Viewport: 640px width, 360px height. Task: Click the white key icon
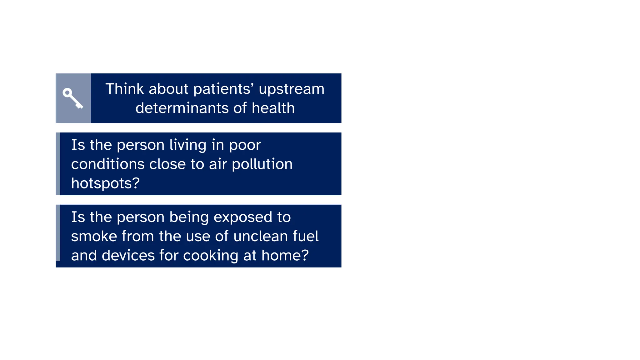73,98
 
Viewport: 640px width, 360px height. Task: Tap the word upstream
291,89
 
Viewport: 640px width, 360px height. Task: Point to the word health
273,108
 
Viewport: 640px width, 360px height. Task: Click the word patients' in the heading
224,89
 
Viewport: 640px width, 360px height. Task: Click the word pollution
262,164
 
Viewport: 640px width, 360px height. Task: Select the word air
218,164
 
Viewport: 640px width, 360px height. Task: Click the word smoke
94,236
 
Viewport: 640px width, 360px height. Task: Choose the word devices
128,255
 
